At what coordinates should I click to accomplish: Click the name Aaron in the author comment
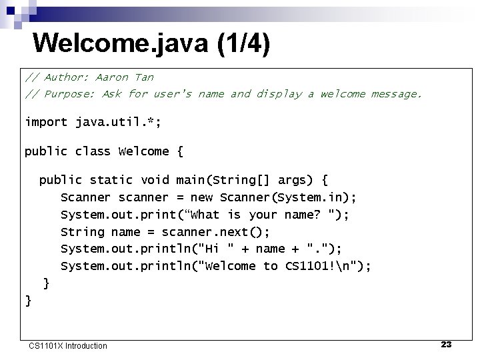114,77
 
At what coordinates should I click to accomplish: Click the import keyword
46,122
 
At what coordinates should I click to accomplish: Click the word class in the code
93,151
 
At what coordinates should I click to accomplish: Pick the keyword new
201,197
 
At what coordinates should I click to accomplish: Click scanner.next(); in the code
215,232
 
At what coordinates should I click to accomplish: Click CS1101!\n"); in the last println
328,267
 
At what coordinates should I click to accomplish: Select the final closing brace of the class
28,301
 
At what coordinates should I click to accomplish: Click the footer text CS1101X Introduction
67,345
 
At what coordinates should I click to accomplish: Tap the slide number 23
446,345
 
